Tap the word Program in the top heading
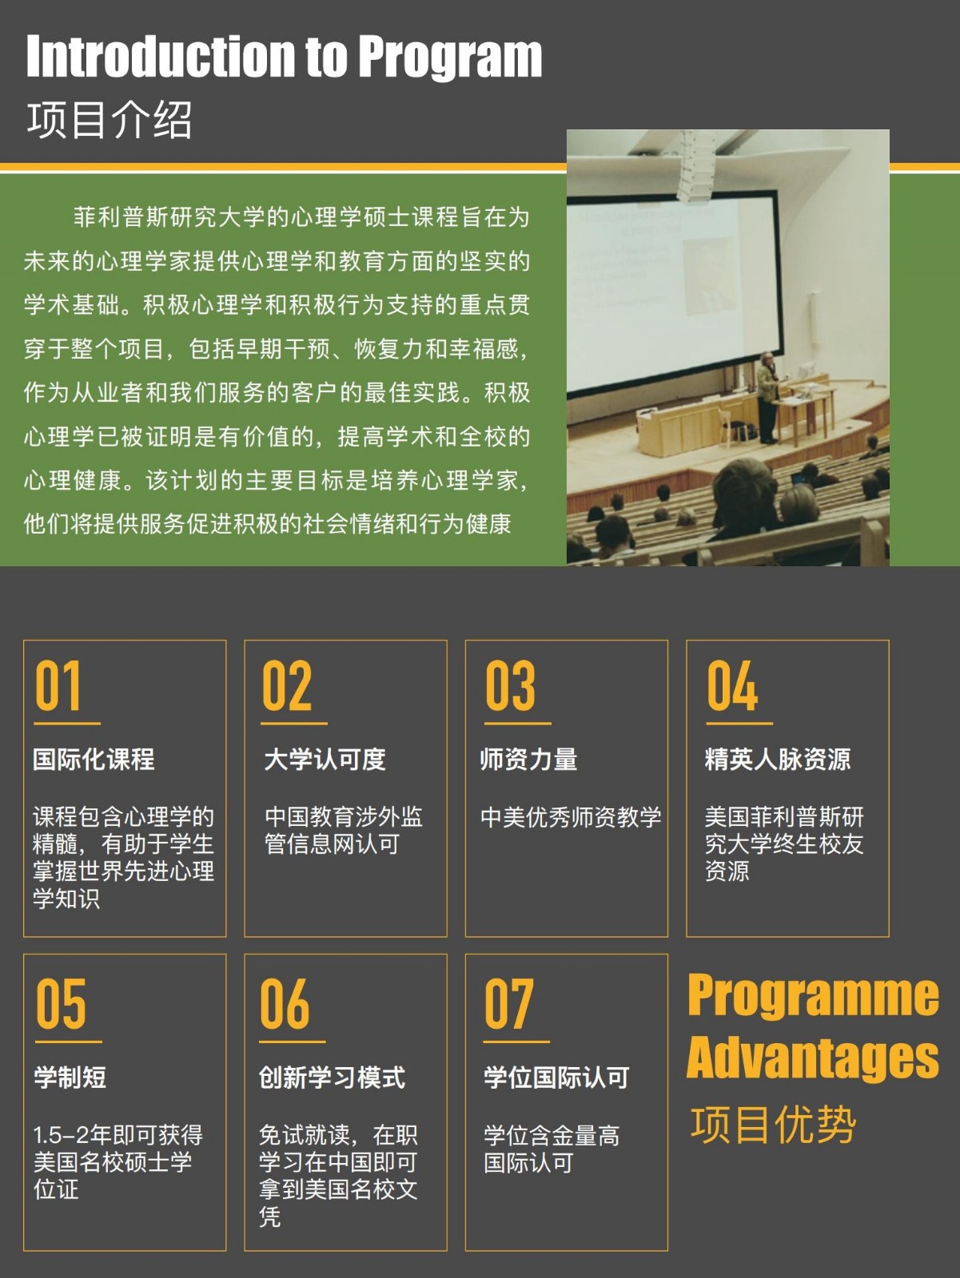pyautogui.click(x=449, y=59)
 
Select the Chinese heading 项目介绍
pyautogui.click(x=110, y=120)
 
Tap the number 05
pyautogui.click(x=61, y=1003)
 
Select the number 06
pyautogui.click(x=285, y=1003)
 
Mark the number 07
pyautogui.click(x=508, y=1003)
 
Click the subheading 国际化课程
pyautogui.click(x=94, y=760)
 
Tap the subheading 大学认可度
pyautogui.click(x=325, y=760)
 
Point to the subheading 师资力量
pyautogui.click(x=528, y=760)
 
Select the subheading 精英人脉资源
pyautogui.click(x=778, y=760)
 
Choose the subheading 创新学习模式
pyautogui.click(x=332, y=1078)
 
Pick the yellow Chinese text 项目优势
pyautogui.click(x=773, y=1124)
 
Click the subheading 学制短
pyautogui.click(x=70, y=1078)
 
